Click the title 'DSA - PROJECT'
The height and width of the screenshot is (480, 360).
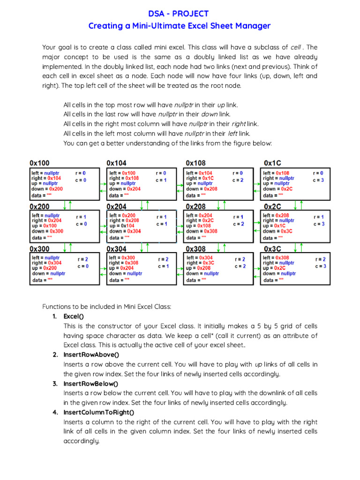pyautogui.click(x=179, y=14)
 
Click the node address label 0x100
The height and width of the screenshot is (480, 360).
pyautogui.click(x=39, y=163)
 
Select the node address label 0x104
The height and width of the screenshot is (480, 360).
pyautogui.click(x=117, y=163)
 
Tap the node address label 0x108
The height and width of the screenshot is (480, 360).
pyautogui.click(x=196, y=163)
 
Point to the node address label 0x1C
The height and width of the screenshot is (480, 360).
pyautogui.click(x=272, y=163)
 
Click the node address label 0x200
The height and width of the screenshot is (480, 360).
pyautogui.click(x=39, y=206)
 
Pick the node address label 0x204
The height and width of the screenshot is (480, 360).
pyautogui.click(x=117, y=206)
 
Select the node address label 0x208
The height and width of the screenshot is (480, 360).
pyautogui.click(x=196, y=206)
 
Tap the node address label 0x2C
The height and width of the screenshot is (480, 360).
pyautogui.click(x=272, y=206)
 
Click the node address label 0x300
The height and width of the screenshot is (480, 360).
pyautogui.click(x=39, y=249)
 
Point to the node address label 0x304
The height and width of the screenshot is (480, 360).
pyautogui.click(x=117, y=249)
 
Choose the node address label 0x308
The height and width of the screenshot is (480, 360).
pyautogui.click(x=196, y=249)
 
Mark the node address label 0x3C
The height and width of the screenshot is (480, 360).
pyautogui.click(x=272, y=249)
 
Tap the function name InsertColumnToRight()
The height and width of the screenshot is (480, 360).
pyautogui.click(x=99, y=412)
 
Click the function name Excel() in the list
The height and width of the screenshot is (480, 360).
pyautogui.click(x=74, y=316)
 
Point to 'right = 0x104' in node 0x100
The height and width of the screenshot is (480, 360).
pyautogui.click(x=46, y=178)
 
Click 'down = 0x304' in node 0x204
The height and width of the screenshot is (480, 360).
pyautogui.click(x=125, y=231)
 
